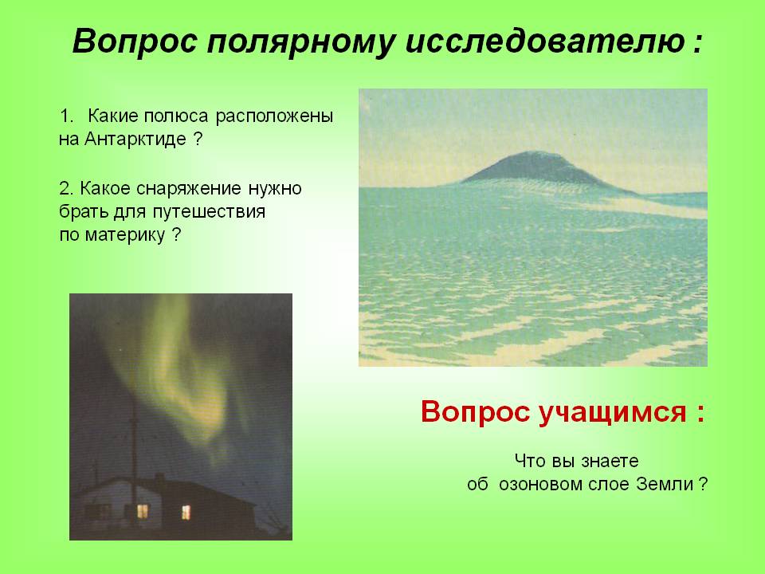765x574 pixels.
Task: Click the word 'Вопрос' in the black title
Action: (x=134, y=41)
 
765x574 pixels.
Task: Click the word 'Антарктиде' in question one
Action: (x=135, y=140)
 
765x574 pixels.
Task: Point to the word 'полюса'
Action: (x=175, y=117)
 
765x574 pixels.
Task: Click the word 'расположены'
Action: (x=275, y=117)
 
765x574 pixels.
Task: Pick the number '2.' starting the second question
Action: (x=66, y=188)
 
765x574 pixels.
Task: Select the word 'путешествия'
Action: (x=209, y=213)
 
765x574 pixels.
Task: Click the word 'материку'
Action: (x=125, y=236)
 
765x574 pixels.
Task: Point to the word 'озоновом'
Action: (x=540, y=485)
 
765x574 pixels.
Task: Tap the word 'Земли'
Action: (x=665, y=484)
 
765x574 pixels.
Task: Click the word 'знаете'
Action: (x=609, y=462)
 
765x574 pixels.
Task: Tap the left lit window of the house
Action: (x=142, y=511)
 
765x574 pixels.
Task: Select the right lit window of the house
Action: (x=186, y=512)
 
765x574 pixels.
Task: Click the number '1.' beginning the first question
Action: (x=66, y=117)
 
